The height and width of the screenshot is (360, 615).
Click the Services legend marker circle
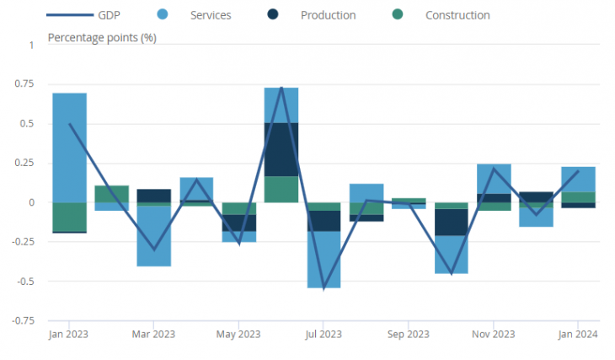click(163, 14)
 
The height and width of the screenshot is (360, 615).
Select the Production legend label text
click(329, 15)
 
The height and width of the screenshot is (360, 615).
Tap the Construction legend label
click(457, 15)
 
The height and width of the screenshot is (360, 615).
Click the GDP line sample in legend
click(70, 15)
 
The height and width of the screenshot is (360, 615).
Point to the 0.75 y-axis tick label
click(24, 83)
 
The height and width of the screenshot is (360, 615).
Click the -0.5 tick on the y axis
click(25, 282)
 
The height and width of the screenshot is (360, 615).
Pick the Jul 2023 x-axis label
click(324, 334)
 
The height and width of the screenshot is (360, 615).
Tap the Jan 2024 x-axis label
click(578, 334)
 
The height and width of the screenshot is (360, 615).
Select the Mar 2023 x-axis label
click(153, 334)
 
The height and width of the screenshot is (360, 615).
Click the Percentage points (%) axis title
click(102, 38)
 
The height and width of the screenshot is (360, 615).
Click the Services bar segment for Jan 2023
click(69, 148)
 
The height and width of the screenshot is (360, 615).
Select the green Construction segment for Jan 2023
click(69, 218)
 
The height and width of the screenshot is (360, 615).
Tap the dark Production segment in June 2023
click(281, 149)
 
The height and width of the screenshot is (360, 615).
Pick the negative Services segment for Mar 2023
click(153, 236)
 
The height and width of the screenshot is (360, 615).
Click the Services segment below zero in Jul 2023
click(324, 260)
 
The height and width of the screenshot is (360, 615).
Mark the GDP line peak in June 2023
click(281, 87)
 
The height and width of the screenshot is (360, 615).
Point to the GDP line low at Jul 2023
click(324, 289)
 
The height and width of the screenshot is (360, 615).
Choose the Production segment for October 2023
click(451, 223)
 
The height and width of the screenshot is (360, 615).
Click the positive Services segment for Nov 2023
click(494, 179)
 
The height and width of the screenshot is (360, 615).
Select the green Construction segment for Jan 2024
click(578, 197)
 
